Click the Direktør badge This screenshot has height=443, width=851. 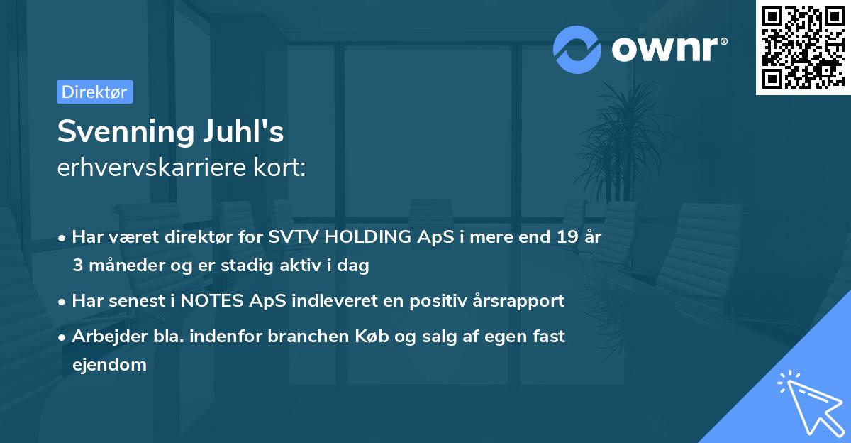[94, 92]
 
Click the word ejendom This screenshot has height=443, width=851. [109, 364]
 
